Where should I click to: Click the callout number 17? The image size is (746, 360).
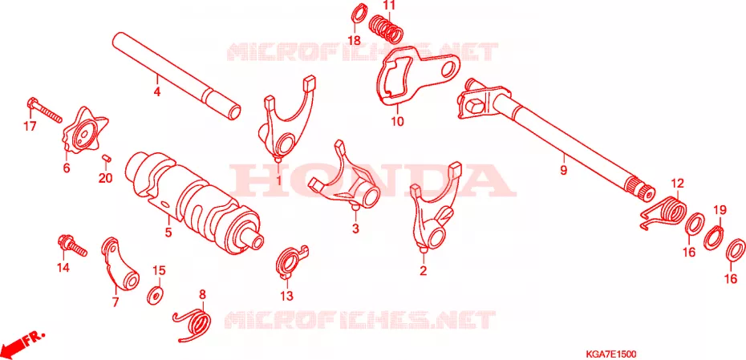point(30,127)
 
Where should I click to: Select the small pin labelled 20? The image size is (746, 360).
point(107,158)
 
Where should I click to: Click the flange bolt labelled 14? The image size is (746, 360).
point(71,245)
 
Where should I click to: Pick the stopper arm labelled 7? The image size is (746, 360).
point(120,264)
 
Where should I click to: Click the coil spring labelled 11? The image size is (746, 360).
point(387,27)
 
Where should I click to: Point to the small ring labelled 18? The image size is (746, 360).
point(359,14)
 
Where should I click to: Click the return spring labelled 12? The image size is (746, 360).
point(663,212)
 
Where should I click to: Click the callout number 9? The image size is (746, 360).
point(563,170)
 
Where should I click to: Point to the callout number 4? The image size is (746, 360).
point(157,91)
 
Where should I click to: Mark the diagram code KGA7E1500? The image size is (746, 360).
point(611,354)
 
